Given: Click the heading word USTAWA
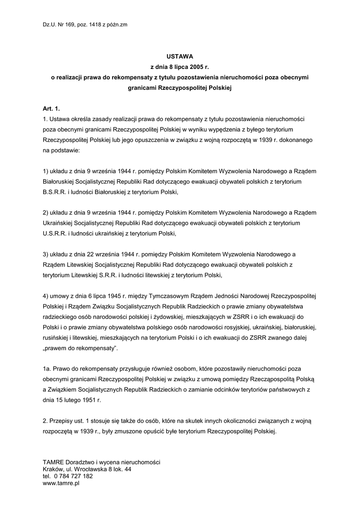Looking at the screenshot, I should coord(179,57).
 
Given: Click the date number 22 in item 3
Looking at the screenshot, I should coord(92,254).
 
